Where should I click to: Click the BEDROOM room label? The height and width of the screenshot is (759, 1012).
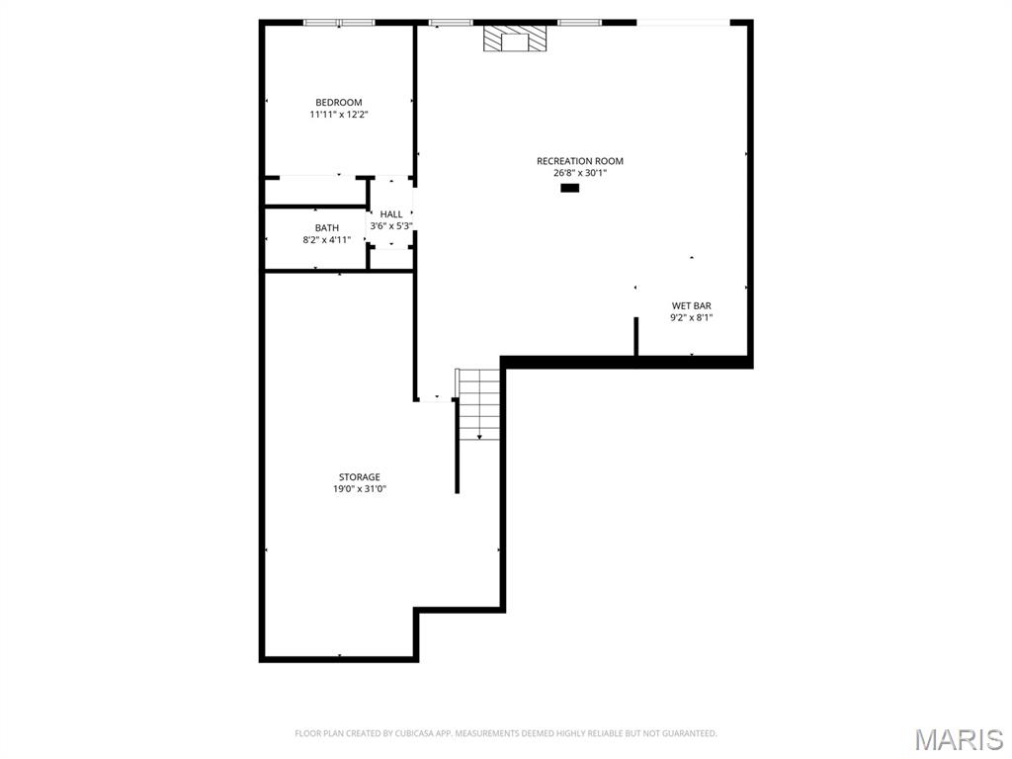point(338,103)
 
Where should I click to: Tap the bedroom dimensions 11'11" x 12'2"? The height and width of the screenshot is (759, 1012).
point(338,115)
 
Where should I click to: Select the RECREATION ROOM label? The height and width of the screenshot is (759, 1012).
point(579,161)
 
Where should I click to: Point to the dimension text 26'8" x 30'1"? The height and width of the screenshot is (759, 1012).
point(579,173)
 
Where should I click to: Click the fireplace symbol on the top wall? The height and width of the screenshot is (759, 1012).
point(514,39)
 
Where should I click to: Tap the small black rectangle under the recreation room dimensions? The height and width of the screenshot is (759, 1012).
point(569,187)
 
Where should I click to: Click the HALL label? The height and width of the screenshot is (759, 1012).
point(391,214)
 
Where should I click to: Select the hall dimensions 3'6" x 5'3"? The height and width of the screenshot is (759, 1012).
point(391,226)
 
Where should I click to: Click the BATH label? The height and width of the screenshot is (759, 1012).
point(326,228)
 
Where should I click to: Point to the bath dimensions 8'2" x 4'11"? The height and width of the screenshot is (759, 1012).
point(326,240)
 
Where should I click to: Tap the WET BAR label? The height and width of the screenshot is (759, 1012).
point(691,306)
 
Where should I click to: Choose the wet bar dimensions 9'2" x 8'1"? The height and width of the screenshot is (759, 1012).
point(691,318)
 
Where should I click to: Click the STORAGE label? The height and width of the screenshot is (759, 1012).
point(359,477)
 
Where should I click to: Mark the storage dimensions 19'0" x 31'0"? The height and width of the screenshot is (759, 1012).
point(359,489)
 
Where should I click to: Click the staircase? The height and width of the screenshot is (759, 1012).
point(479,400)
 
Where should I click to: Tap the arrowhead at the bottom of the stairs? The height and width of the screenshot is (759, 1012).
point(479,436)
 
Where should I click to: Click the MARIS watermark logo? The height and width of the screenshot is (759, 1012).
point(958,739)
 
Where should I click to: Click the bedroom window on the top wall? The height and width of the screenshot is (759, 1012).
point(339,23)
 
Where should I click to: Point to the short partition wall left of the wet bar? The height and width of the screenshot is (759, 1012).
point(635,336)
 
